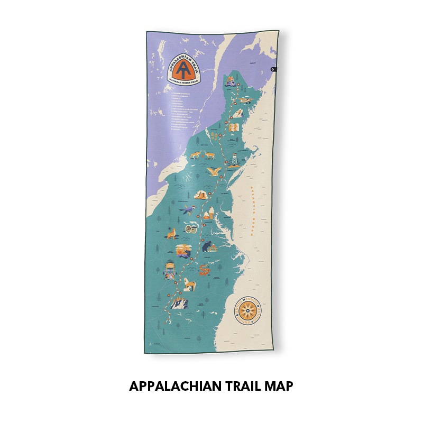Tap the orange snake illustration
[204, 271]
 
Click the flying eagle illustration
[214, 171]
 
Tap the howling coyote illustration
[171, 233]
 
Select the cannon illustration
[191, 228]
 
